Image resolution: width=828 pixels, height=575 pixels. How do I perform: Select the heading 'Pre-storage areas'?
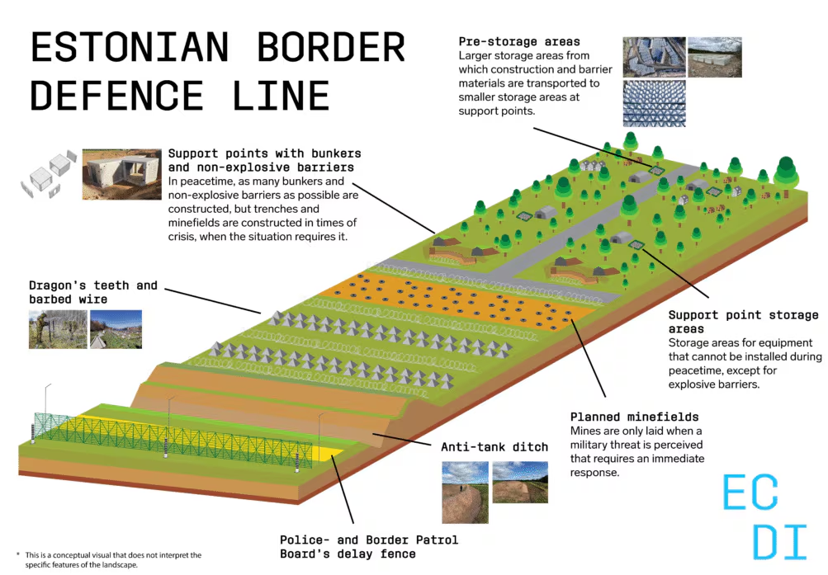click(520, 41)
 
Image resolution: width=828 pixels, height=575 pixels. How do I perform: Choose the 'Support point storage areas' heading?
click(743, 322)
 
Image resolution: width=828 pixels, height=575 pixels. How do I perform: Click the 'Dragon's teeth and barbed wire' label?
click(93, 292)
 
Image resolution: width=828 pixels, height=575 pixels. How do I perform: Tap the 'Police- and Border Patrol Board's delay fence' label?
click(368, 546)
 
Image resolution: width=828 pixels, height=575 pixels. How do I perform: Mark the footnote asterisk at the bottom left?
click(17, 554)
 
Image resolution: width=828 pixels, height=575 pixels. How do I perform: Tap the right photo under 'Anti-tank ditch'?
click(519, 483)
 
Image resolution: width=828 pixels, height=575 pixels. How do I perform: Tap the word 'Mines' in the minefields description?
click(587, 431)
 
